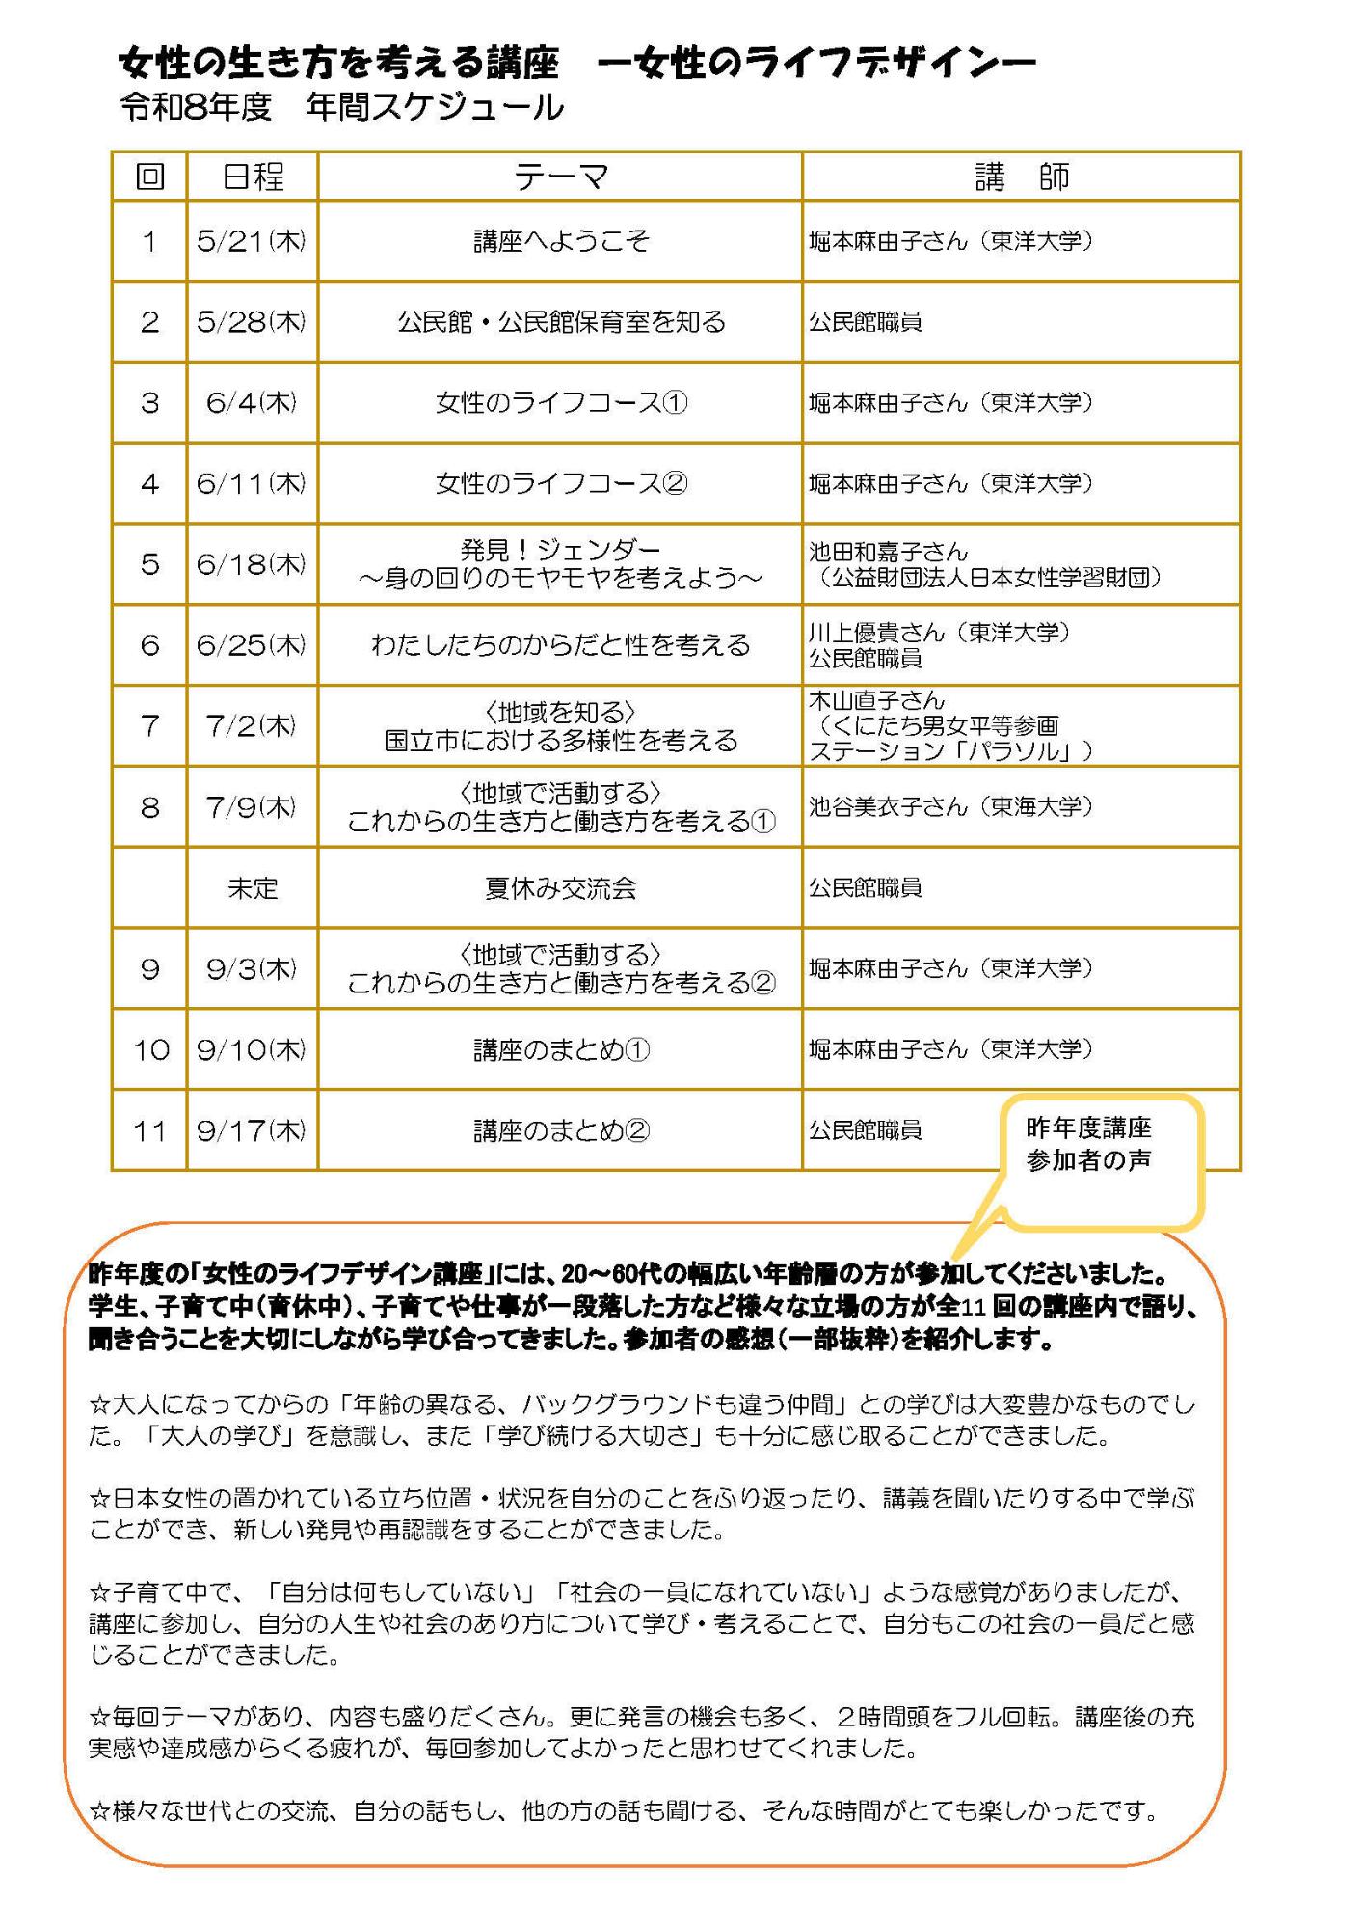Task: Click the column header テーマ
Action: [x=560, y=177]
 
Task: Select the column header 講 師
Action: [x=1021, y=177]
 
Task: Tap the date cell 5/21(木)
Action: [x=252, y=241]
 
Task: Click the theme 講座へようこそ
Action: [x=561, y=241]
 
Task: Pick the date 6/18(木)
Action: [x=252, y=564]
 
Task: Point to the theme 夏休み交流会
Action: [x=561, y=888]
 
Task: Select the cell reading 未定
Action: [x=253, y=888]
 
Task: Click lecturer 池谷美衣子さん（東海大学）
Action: [x=950, y=806]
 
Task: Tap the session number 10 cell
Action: [x=150, y=1049]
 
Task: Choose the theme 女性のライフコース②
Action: [x=561, y=483]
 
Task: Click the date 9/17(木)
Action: [x=252, y=1130]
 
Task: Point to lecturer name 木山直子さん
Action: [x=876, y=700]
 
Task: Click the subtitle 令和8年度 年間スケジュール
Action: [x=341, y=107]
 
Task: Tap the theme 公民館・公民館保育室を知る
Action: [x=561, y=322]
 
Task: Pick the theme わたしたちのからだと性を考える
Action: [x=561, y=645]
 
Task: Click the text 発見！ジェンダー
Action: [x=561, y=551]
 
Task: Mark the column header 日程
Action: [x=253, y=177]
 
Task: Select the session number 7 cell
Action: [x=150, y=726]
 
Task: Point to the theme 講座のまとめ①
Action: [x=561, y=1049]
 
